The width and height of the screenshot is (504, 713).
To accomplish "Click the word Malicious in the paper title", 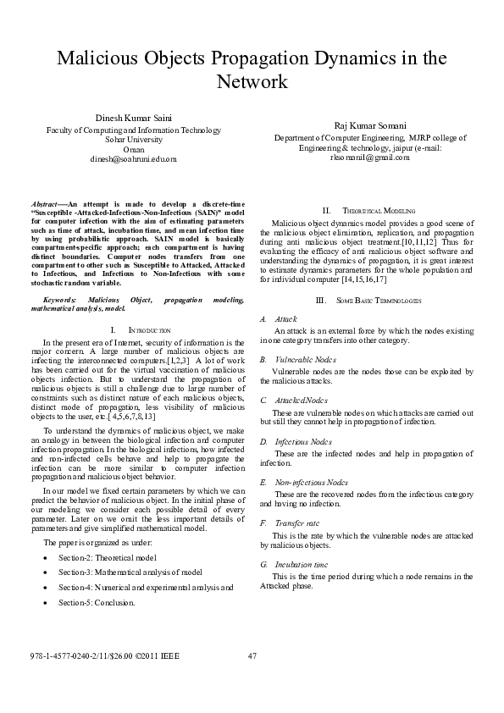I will click(x=94, y=59).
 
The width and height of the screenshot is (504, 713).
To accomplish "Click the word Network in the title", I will click(x=252, y=82).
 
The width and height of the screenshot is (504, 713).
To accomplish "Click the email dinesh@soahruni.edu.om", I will click(x=133, y=158).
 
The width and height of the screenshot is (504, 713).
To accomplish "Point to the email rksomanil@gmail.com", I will click(x=358, y=157).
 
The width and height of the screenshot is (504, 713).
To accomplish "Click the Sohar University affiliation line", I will click(x=132, y=139).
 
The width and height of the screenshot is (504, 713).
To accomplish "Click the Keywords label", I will click(x=60, y=300).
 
